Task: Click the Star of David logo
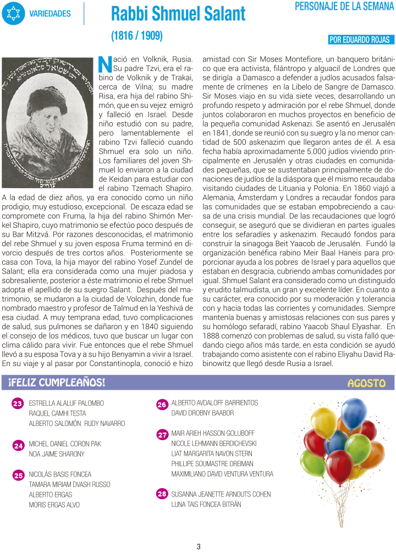[x=13, y=13]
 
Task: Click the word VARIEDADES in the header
[x=50, y=13]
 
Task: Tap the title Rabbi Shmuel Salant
[x=178, y=14]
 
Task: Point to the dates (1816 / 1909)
[x=137, y=36]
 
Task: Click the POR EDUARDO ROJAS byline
[x=360, y=40]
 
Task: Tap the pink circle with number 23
[x=18, y=404]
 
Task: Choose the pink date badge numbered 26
[x=162, y=405]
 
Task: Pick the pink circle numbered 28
[x=162, y=494]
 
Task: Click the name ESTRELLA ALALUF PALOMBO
[x=66, y=403]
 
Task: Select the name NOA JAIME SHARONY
[x=57, y=454]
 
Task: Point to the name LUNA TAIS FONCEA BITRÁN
[x=206, y=504]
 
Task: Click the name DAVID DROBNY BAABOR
[x=202, y=413]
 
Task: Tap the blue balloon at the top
[x=353, y=414]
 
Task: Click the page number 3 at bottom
[x=199, y=546]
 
